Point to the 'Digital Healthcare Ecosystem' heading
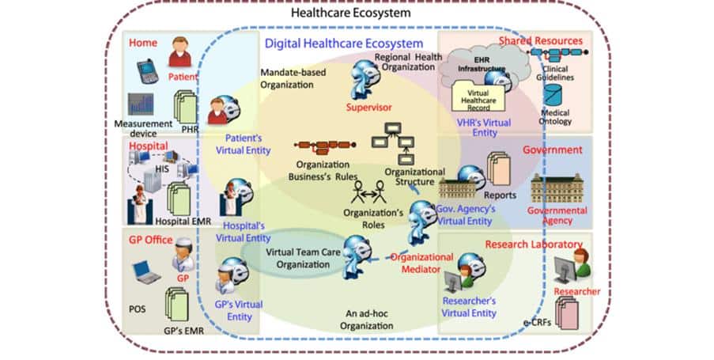343,44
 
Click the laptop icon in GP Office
146,273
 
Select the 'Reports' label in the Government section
501,195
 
